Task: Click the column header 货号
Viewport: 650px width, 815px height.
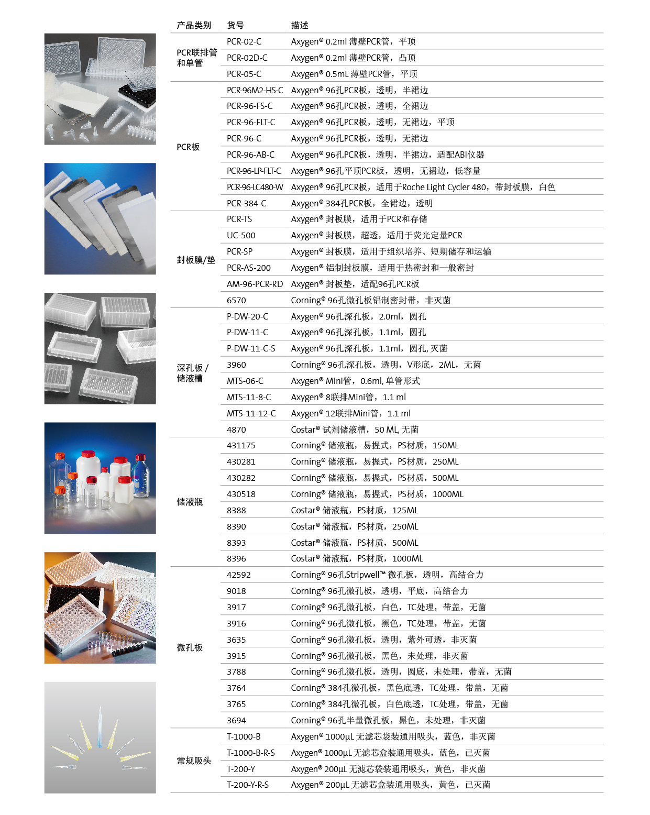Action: (x=235, y=25)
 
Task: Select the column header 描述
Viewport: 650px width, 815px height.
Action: (x=300, y=25)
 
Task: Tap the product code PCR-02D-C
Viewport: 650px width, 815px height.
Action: (x=247, y=58)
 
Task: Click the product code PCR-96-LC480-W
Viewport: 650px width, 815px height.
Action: (x=255, y=187)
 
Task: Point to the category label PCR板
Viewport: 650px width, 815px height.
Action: (x=188, y=147)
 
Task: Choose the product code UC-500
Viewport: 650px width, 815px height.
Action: (x=241, y=235)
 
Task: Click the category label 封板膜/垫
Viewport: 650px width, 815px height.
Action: (x=196, y=260)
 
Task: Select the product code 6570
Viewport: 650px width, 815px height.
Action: (x=236, y=300)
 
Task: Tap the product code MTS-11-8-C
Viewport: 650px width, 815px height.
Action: (x=249, y=397)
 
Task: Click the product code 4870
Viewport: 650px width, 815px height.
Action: (x=236, y=429)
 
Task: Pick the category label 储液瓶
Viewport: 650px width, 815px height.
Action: (x=190, y=502)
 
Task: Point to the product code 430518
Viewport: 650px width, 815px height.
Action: (x=241, y=494)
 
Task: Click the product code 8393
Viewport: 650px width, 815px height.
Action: (x=236, y=543)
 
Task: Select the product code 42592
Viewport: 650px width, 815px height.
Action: (x=239, y=575)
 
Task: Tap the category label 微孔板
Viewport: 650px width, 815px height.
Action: (x=190, y=647)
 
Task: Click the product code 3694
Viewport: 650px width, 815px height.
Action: (x=236, y=720)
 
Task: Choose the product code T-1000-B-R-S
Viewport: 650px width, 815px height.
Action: (x=250, y=753)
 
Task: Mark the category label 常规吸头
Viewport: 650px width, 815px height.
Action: (x=194, y=761)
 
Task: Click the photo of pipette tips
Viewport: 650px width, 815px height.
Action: (x=100, y=737)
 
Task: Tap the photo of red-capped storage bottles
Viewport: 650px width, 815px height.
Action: (x=100, y=478)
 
